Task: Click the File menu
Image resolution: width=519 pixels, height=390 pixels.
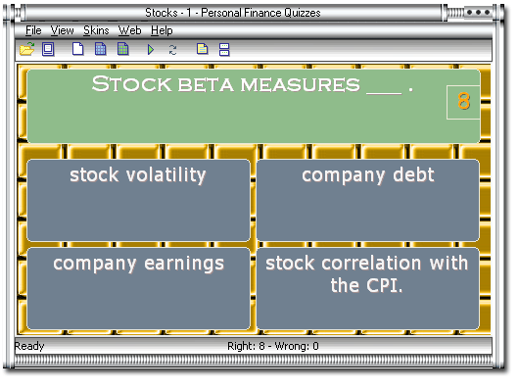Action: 33,30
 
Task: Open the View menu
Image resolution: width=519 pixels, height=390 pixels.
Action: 62,30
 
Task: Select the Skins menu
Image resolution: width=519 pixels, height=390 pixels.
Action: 96,30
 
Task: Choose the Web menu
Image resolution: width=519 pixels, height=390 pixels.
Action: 130,30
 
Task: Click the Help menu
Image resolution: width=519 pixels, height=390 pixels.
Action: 163,30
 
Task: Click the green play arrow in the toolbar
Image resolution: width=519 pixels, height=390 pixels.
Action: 151,49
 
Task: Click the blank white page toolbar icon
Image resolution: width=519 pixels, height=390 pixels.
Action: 78,49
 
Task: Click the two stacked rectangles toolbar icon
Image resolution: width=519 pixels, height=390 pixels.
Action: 224,49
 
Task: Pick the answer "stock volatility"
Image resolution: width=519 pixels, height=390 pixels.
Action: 138,199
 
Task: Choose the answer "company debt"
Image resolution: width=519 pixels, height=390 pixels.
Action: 368,199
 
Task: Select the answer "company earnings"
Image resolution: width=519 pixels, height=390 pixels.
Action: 138,287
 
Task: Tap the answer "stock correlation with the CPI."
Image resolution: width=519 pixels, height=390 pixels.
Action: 368,287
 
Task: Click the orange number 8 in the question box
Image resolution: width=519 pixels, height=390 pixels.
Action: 463,101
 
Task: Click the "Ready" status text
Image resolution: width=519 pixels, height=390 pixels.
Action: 29,346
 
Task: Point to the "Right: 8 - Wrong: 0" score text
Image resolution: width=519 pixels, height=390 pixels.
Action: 272,346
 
